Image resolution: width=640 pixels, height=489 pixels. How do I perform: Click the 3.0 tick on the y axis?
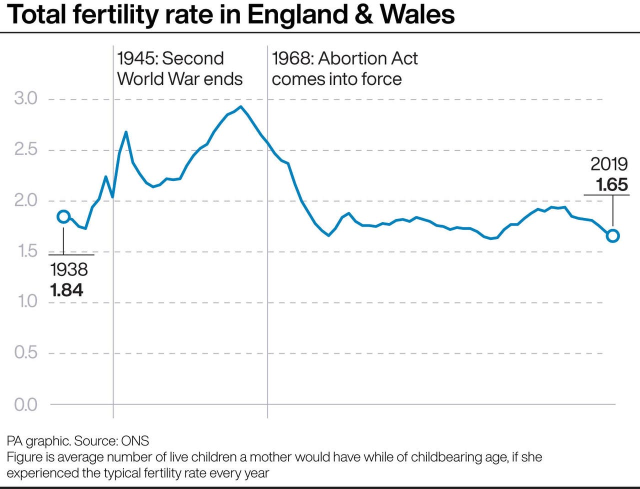[x=26, y=98]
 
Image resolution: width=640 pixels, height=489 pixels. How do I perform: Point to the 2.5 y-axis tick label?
[x=26, y=149]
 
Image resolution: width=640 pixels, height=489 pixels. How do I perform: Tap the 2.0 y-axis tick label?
[x=26, y=200]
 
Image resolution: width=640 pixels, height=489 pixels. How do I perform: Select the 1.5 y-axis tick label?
[x=26, y=251]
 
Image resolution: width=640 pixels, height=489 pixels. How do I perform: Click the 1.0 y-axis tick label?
[x=26, y=302]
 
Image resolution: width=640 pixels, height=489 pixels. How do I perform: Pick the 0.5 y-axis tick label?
[x=26, y=352]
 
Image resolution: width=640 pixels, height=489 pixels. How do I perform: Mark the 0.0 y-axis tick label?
[x=26, y=404]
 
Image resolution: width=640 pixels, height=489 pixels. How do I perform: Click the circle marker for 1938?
[x=63, y=216]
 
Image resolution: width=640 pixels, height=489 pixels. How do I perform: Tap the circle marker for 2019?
[x=612, y=236]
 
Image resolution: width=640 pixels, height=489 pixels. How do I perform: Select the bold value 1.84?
[x=66, y=290]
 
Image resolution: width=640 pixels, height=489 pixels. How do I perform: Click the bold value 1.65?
[x=611, y=184]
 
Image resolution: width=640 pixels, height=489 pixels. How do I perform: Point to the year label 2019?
[x=609, y=164]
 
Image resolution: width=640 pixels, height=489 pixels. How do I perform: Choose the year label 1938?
[x=69, y=269]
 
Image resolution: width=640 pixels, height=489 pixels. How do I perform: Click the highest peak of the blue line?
[x=241, y=106]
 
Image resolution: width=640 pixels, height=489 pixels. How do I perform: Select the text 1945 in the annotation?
[x=136, y=58]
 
